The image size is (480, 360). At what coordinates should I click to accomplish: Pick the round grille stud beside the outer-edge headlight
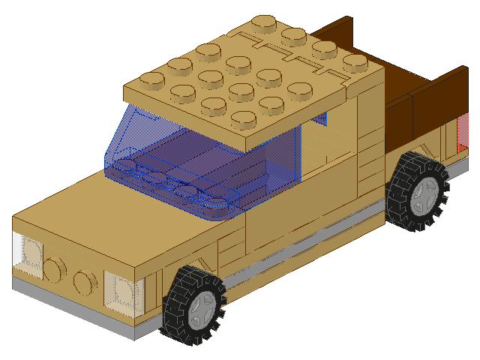55,268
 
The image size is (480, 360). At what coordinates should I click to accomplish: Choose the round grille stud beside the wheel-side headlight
85,281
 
